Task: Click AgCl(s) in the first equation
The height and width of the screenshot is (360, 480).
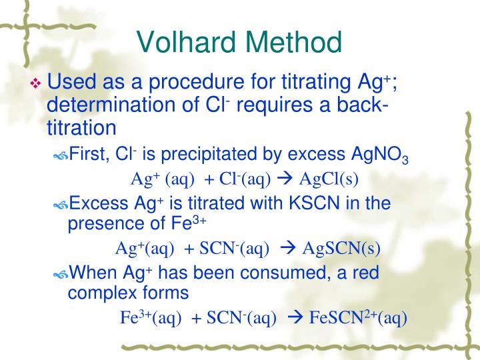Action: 329,179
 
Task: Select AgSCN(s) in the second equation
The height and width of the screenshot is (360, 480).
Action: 341,249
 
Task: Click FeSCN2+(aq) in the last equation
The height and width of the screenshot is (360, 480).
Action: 358,317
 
